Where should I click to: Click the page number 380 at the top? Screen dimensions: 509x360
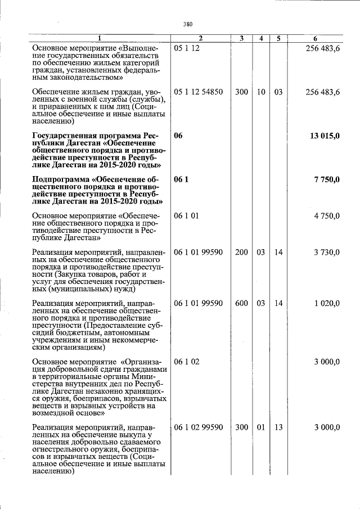coord(188,24)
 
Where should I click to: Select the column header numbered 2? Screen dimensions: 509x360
coord(200,38)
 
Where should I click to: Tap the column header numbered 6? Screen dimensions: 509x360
coord(316,38)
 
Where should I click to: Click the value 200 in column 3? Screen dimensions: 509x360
coord(241,252)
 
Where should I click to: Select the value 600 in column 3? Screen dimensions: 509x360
coord(241,303)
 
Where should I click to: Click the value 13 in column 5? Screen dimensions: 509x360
coord(278,427)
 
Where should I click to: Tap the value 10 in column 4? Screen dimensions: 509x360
coord(261,92)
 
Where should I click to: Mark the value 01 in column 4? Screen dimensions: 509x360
coord(261,427)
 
